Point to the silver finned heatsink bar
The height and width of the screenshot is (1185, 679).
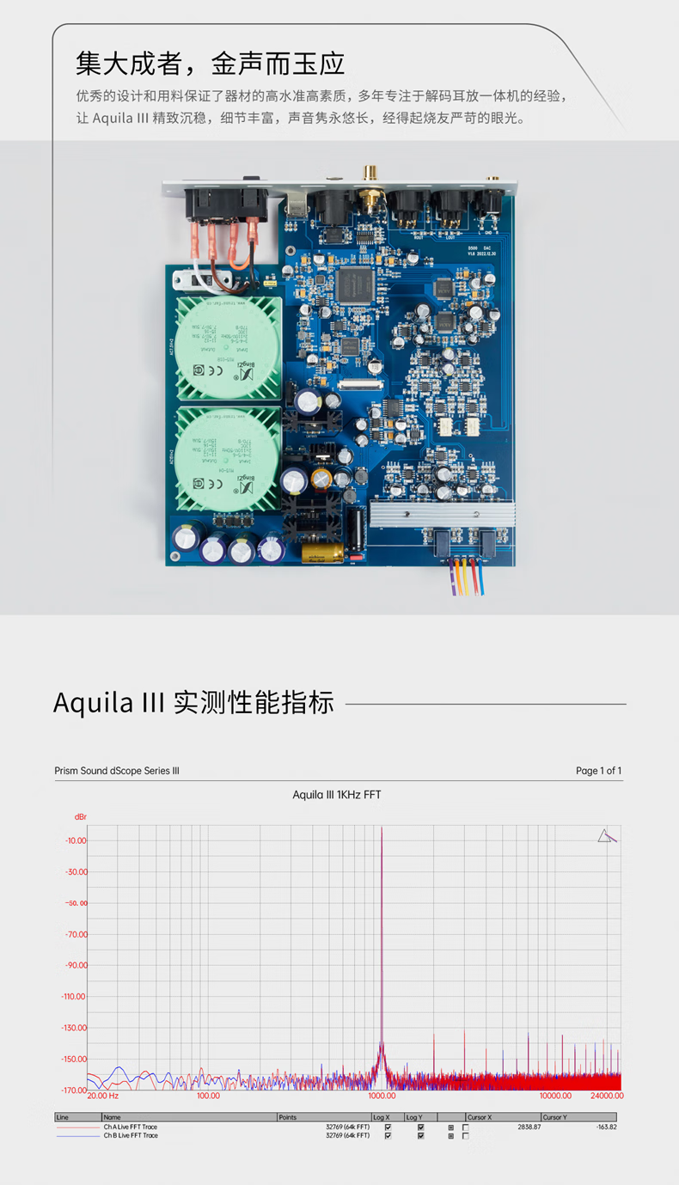(x=442, y=516)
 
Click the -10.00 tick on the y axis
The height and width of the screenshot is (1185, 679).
(x=76, y=840)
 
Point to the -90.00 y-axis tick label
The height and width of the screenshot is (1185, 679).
(x=76, y=965)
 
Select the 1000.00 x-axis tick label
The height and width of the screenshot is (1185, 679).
(x=382, y=1096)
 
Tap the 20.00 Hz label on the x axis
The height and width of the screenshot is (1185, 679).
(x=103, y=1096)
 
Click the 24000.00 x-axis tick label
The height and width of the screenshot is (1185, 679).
(x=606, y=1096)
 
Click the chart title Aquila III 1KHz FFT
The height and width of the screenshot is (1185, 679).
(x=336, y=795)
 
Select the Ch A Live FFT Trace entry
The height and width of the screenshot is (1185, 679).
(x=131, y=1127)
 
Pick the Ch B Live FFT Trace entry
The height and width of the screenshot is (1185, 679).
(x=131, y=1135)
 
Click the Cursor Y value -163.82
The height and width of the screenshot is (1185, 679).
(x=607, y=1127)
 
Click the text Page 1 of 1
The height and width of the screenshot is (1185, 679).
(x=598, y=771)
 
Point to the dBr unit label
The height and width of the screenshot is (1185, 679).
(x=80, y=815)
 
